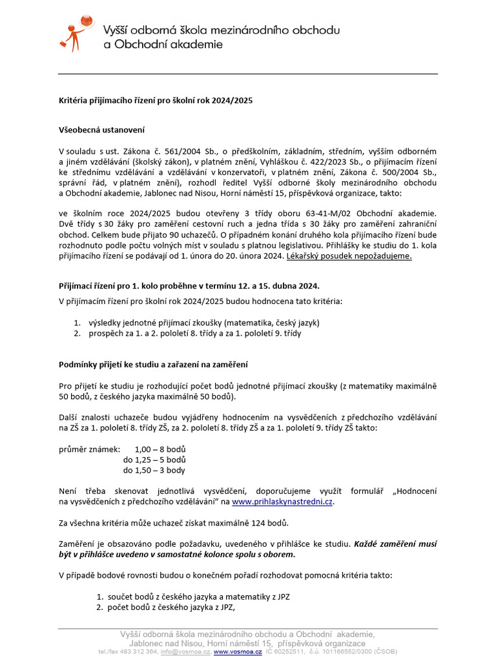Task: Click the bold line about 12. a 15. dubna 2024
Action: click(189, 285)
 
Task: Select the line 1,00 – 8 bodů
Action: click(160, 449)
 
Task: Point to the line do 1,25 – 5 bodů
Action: click(154, 460)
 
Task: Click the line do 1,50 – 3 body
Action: click(154, 470)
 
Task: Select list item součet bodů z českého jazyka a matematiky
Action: click(198, 597)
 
